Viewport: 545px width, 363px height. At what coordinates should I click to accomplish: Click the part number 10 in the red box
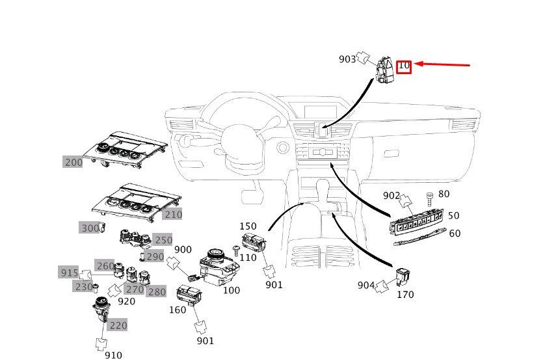coord(404,66)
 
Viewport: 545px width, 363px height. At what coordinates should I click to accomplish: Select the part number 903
coord(347,59)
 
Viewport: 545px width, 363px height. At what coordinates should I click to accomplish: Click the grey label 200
coord(73,162)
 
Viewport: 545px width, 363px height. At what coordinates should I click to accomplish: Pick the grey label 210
coord(172,214)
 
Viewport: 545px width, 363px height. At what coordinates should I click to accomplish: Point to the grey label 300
coord(90,228)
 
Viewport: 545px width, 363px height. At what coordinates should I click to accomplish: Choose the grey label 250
coord(163,240)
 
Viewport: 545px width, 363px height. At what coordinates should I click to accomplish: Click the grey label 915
coord(68,272)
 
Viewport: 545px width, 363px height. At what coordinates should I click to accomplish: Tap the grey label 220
coord(118,325)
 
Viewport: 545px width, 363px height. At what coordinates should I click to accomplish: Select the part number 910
coord(113,355)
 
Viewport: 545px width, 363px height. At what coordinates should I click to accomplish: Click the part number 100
coord(232,289)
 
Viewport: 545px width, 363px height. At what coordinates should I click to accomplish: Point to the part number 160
coord(178,310)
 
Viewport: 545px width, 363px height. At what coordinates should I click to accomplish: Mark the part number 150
coord(248,226)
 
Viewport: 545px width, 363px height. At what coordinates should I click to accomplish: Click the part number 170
coord(405,295)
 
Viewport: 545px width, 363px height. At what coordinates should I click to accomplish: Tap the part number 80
coord(444,194)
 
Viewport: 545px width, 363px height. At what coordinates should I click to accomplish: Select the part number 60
coord(454,234)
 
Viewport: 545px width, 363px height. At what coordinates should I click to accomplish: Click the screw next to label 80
coord(429,198)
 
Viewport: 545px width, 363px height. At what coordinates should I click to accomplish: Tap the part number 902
coord(391,195)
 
